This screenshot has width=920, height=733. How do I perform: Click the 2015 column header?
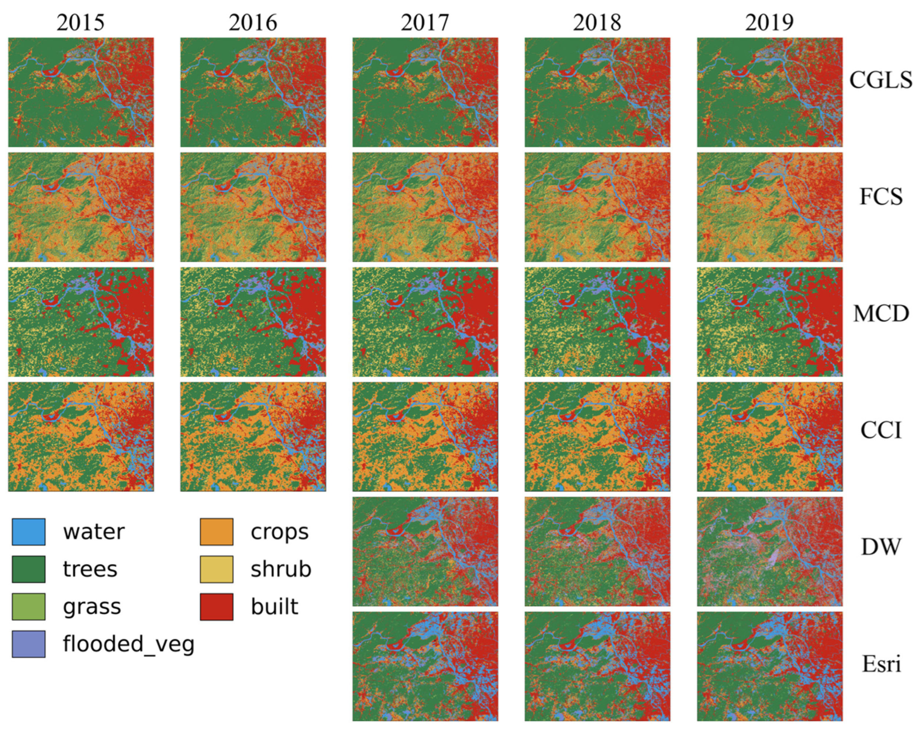pyautogui.click(x=81, y=23)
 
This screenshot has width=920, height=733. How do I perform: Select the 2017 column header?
pyautogui.click(x=425, y=23)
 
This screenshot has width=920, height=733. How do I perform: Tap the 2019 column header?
pyautogui.click(x=769, y=23)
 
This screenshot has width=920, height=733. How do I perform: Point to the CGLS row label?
pyautogui.click(x=880, y=80)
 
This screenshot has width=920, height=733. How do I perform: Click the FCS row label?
pyautogui.click(x=880, y=197)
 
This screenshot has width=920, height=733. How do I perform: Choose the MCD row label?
pyautogui.click(x=880, y=314)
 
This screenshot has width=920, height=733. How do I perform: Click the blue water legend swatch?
pyautogui.click(x=29, y=532)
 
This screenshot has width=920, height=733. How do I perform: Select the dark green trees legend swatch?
pyautogui.click(x=29, y=569)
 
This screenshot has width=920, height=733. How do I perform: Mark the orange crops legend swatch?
pyautogui.click(x=216, y=532)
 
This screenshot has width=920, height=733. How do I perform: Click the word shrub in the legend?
pyautogui.click(x=281, y=569)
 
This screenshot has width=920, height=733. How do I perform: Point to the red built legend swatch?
pyautogui.click(x=216, y=607)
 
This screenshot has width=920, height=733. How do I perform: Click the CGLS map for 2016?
pyautogui.click(x=253, y=92)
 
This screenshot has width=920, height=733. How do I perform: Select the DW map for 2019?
pyautogui.click(x=769, y=551)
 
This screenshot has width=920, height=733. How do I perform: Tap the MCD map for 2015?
pyautogui.click(x=81, y=322)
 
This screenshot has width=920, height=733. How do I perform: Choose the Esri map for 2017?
pyautogui.click(x=425, y=666)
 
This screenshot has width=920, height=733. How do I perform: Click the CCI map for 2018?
pyautogui.click(x=597, y=436)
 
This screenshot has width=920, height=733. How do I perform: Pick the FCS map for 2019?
pyautogui.click(x=769, y=207)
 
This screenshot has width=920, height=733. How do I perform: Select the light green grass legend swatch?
pyautogui.click(x=29, y=607)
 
